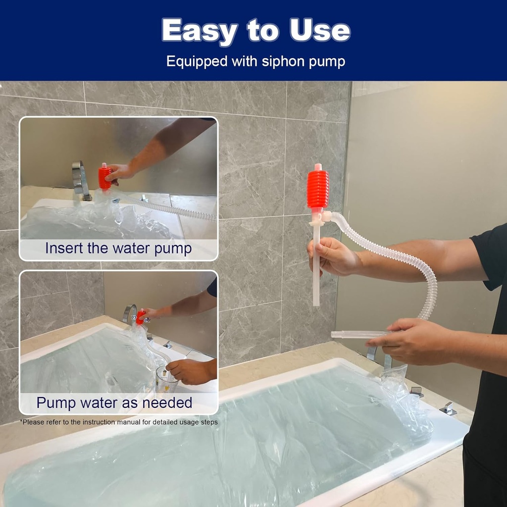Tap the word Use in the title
point(320,30)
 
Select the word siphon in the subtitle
point(283,62)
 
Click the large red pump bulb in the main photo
point(317,189)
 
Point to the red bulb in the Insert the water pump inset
point(104,178)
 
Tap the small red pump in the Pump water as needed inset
point(140,317)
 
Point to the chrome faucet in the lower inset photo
point(129,313)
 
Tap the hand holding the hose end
point(410,341)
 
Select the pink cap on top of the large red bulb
point(318,167)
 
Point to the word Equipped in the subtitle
point(197,62)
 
